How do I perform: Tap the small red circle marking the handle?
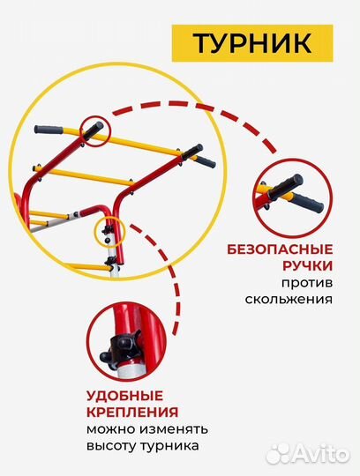pos(94,130)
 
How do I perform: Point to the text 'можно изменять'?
pos(146,429)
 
